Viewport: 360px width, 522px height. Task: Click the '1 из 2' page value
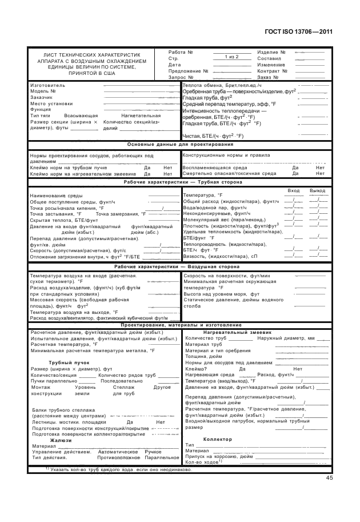point(231,57)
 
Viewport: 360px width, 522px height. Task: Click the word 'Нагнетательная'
point(141,115)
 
